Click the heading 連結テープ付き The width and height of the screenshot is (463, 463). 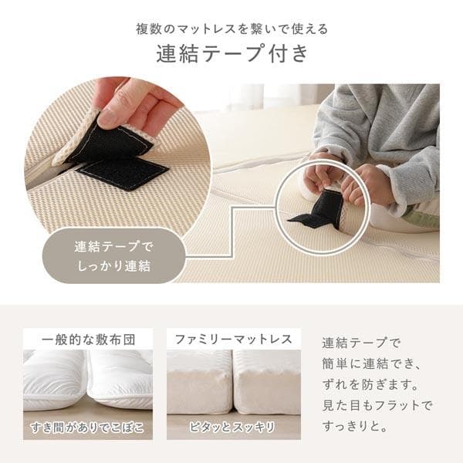(231, 55)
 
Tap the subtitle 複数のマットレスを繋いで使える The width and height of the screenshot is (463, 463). (231, 29)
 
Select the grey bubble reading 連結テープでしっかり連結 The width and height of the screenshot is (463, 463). (114, 257)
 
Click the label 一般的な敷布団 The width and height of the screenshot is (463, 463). (87, 339)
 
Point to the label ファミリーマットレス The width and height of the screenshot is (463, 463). (233, 339)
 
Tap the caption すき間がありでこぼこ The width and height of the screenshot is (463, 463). (87, 428)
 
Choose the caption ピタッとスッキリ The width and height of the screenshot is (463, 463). (233, 428)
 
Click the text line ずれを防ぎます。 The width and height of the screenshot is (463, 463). (370, 384)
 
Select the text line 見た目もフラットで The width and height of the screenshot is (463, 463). (377, 405)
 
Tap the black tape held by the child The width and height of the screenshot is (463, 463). (319, 211)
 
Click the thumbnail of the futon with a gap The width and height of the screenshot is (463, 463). (87, 382)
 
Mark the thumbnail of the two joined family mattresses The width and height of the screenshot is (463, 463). (233, 382)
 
